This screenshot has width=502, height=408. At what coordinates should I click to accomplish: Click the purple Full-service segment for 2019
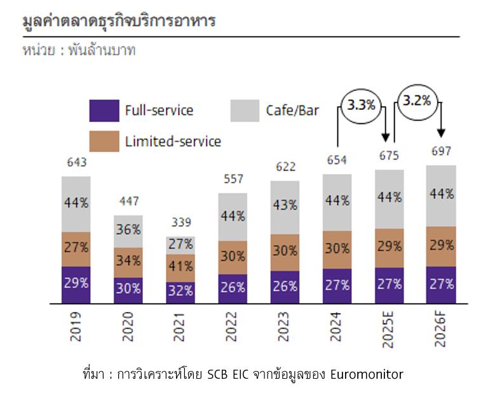76,284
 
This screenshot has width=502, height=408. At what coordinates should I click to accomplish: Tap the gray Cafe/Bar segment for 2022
232,217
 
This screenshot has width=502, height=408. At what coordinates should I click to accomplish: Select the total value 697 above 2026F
440,151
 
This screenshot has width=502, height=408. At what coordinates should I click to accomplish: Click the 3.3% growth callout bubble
361,105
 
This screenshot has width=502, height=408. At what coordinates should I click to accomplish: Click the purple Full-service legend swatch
104,111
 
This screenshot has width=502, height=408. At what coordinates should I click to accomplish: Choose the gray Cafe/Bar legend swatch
245,111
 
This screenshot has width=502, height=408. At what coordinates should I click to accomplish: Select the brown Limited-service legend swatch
104,140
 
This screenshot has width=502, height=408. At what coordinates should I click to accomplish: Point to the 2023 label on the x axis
285,326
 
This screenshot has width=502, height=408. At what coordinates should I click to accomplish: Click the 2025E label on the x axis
388,329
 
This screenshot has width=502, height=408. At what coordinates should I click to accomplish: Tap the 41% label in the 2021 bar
180,266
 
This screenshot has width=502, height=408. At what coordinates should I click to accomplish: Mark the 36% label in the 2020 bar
128,230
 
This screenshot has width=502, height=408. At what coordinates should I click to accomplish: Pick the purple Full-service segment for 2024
336,285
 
